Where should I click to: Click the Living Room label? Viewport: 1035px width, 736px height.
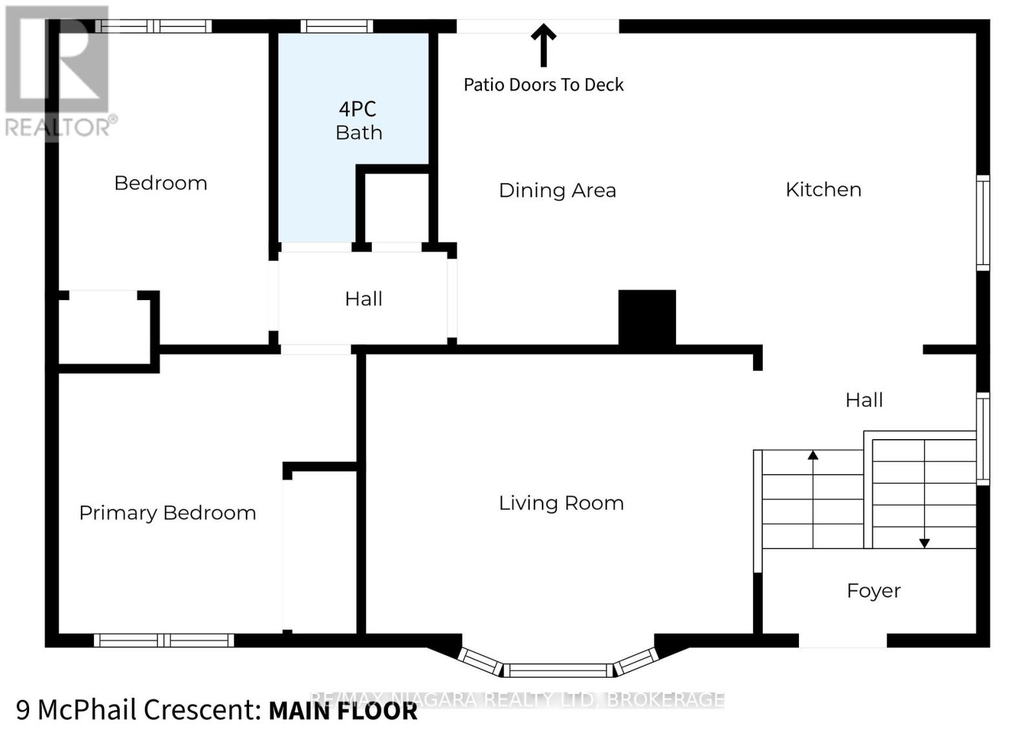coord(561,503)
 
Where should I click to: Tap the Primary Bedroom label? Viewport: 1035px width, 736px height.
coord(168,513)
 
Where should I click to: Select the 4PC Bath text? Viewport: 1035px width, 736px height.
coord(358,120)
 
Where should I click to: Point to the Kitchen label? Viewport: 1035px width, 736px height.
coord(823,189)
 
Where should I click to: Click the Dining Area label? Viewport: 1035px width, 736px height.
coord(557,190)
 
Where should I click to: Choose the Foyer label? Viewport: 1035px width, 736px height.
coord(873,590)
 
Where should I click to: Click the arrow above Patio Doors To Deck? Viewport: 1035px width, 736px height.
coord(543,45)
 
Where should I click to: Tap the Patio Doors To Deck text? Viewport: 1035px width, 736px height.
coord(543,85)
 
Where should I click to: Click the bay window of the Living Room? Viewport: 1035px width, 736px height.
coord(558,669)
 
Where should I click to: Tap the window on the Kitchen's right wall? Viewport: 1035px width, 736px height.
coord(983,222)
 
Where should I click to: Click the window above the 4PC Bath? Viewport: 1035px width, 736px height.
coord(336,27)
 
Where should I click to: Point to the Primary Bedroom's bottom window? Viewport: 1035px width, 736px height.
coord(164,640)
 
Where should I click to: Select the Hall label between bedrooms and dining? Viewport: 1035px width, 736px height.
coord(364,299)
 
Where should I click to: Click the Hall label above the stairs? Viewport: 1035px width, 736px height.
coord(864,400)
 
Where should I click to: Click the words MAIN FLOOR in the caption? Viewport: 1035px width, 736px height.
coord(343,711)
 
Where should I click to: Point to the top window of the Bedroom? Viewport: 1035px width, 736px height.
coord(153,27)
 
